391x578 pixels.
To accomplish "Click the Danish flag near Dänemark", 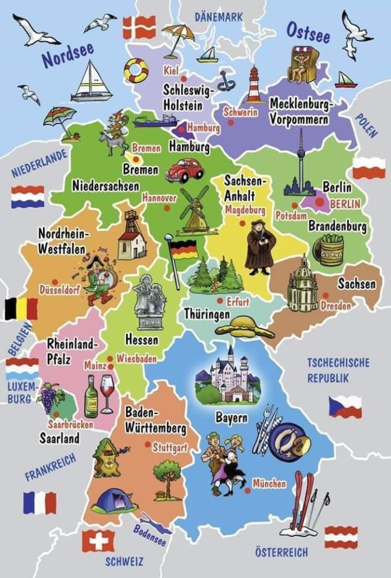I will click(139, 27).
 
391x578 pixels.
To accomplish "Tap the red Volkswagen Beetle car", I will click(185, 169).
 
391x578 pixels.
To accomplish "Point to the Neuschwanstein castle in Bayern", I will click(228, 377).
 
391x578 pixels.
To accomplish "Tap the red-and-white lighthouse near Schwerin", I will click(254, 85).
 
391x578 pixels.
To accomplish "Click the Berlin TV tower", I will click(301, 167).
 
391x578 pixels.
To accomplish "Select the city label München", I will click(269, 483).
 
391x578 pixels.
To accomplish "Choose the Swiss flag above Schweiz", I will click(98, 540).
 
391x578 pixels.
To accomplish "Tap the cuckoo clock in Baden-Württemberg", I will click(106, 457).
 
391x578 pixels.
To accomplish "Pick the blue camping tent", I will click(114, 501).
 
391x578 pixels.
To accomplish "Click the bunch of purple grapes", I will click(49, 397).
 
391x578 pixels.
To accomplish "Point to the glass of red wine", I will click(107, 392).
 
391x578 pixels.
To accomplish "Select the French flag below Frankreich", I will click(40, 502).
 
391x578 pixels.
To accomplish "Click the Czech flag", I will click(345, 406).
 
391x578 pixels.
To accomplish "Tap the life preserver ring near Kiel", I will click(136, 71).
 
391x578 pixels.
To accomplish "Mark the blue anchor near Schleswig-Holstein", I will click(227, 81).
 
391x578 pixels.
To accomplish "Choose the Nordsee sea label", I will click(67, 54).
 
